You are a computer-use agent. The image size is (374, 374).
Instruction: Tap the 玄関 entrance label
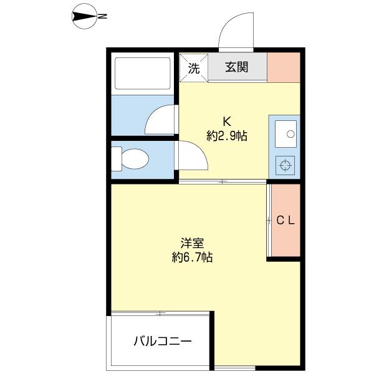coord(237,67)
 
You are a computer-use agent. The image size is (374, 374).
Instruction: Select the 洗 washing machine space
coord(194,67)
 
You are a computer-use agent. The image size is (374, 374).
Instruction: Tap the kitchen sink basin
coord(286,133)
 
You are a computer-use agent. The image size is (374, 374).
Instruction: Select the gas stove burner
coord(286,165)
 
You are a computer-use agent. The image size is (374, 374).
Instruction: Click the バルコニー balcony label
coord(162,341)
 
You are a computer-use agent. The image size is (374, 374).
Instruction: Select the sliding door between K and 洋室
coord(223,181)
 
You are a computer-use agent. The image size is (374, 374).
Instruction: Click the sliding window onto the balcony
coord(160,313)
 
